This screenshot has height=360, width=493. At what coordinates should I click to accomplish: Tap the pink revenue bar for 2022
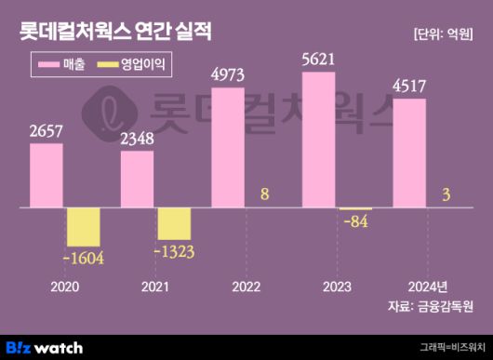228,149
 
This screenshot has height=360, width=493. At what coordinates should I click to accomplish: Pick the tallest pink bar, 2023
318,140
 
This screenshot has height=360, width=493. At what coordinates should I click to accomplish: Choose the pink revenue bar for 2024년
409,154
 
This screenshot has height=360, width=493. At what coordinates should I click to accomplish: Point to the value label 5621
318,60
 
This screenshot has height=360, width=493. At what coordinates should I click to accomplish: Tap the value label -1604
83,260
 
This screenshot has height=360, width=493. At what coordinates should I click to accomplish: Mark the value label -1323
174,251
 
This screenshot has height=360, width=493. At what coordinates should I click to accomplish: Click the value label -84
354,221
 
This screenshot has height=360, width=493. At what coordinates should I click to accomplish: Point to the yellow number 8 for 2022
265,194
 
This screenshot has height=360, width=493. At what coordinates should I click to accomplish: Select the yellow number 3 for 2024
447,194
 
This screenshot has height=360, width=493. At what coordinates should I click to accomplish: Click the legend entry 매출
60,64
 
